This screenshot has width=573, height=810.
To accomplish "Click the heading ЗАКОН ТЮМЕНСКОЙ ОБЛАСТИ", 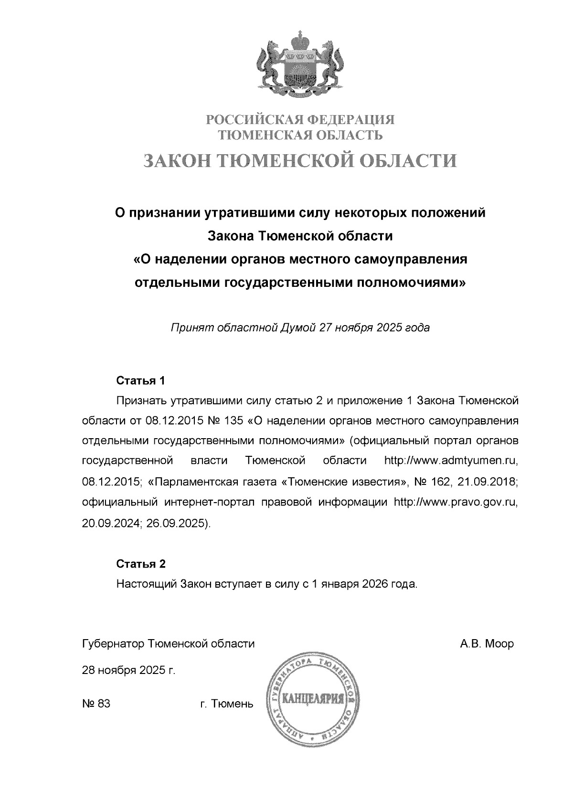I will pyautogui.click(x=300, y=161).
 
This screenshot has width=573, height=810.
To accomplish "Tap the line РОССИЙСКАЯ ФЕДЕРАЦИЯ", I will pyautogui.click(x=300, y=119).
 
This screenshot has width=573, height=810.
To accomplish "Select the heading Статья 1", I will pyautogui.click(x=141, y=381).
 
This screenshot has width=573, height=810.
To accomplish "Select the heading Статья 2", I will pyautogui.click(x=141, y=564).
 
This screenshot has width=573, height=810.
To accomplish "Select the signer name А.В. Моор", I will pyautogui.click(x=487, y=644).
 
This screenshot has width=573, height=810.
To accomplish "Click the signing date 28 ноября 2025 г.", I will pyautogui.click(x=129, y=671).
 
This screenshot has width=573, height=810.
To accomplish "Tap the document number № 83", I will pyautogui.click(x=96, y=704).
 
